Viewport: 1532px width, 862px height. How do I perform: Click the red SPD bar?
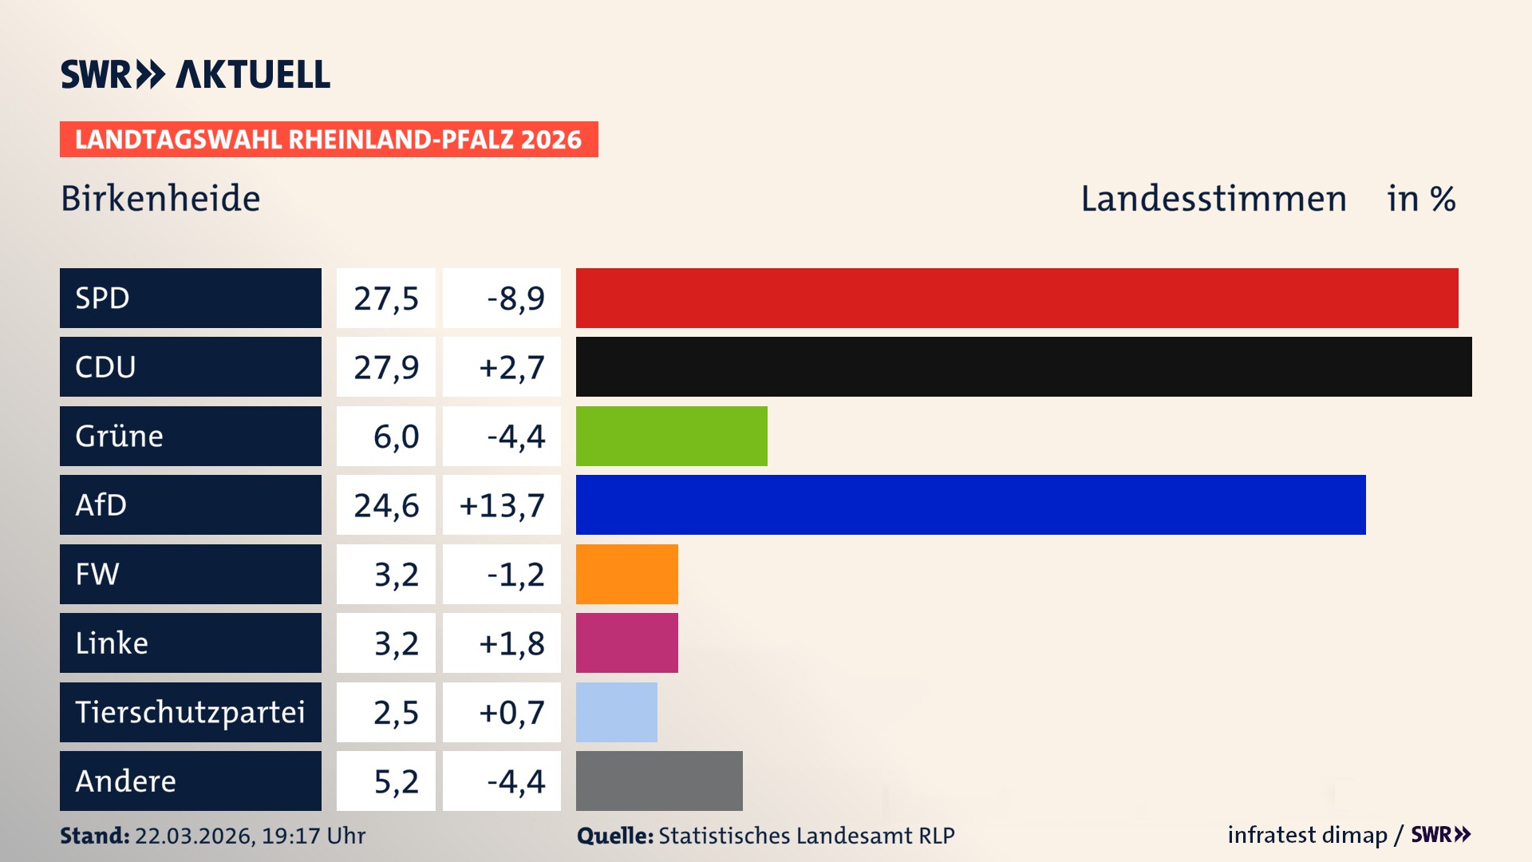[x=1017, y=298]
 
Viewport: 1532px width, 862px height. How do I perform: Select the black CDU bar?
[x=1024, y=367]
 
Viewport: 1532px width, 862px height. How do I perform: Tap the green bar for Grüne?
[x=671, y=436]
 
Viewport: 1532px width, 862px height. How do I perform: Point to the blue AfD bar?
[x=970, y=504]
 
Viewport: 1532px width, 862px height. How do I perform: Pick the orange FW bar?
[x=626, y=574]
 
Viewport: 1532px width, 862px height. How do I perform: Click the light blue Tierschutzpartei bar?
[x=616, y=712]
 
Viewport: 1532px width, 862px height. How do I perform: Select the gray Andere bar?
[x=659, y=781]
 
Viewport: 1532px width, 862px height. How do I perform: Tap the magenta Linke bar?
[x=626, y=643]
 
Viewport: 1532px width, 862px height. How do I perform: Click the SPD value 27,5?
[x=386, y=299]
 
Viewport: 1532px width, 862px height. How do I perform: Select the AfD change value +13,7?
[x=502, y=505]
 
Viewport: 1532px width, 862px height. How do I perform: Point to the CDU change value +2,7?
[x=511, y=367]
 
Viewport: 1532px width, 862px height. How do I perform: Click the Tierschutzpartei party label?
[x=190, y=712]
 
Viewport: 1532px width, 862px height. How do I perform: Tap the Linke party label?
[x=112, y=643]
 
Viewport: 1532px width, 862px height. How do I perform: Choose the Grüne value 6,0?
[x=396, y=437]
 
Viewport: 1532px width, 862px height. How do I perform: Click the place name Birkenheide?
[x=160, y=199]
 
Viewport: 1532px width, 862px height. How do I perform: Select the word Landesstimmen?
[x=1213, y=199]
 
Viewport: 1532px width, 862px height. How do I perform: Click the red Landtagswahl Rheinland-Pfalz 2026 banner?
[x=328, y=140]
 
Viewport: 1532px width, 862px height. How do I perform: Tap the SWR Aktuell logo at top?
[x=195, y=74]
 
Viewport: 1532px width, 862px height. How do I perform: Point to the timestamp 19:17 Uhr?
[x=313, y=836]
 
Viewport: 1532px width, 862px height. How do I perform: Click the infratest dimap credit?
[x=1306, y=835]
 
